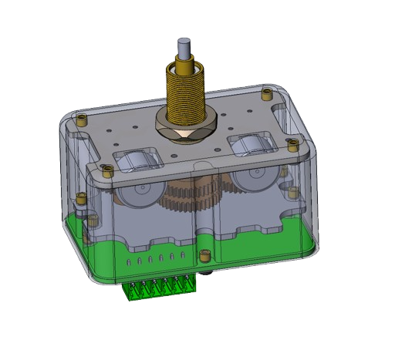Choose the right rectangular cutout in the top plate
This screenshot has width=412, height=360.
click(x=248, y=143)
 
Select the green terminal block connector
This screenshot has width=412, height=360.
click(x=160, y=288)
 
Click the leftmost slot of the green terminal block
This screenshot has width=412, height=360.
click(x=132, y=291)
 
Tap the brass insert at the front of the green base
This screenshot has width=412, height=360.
click(x=204, y=257)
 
